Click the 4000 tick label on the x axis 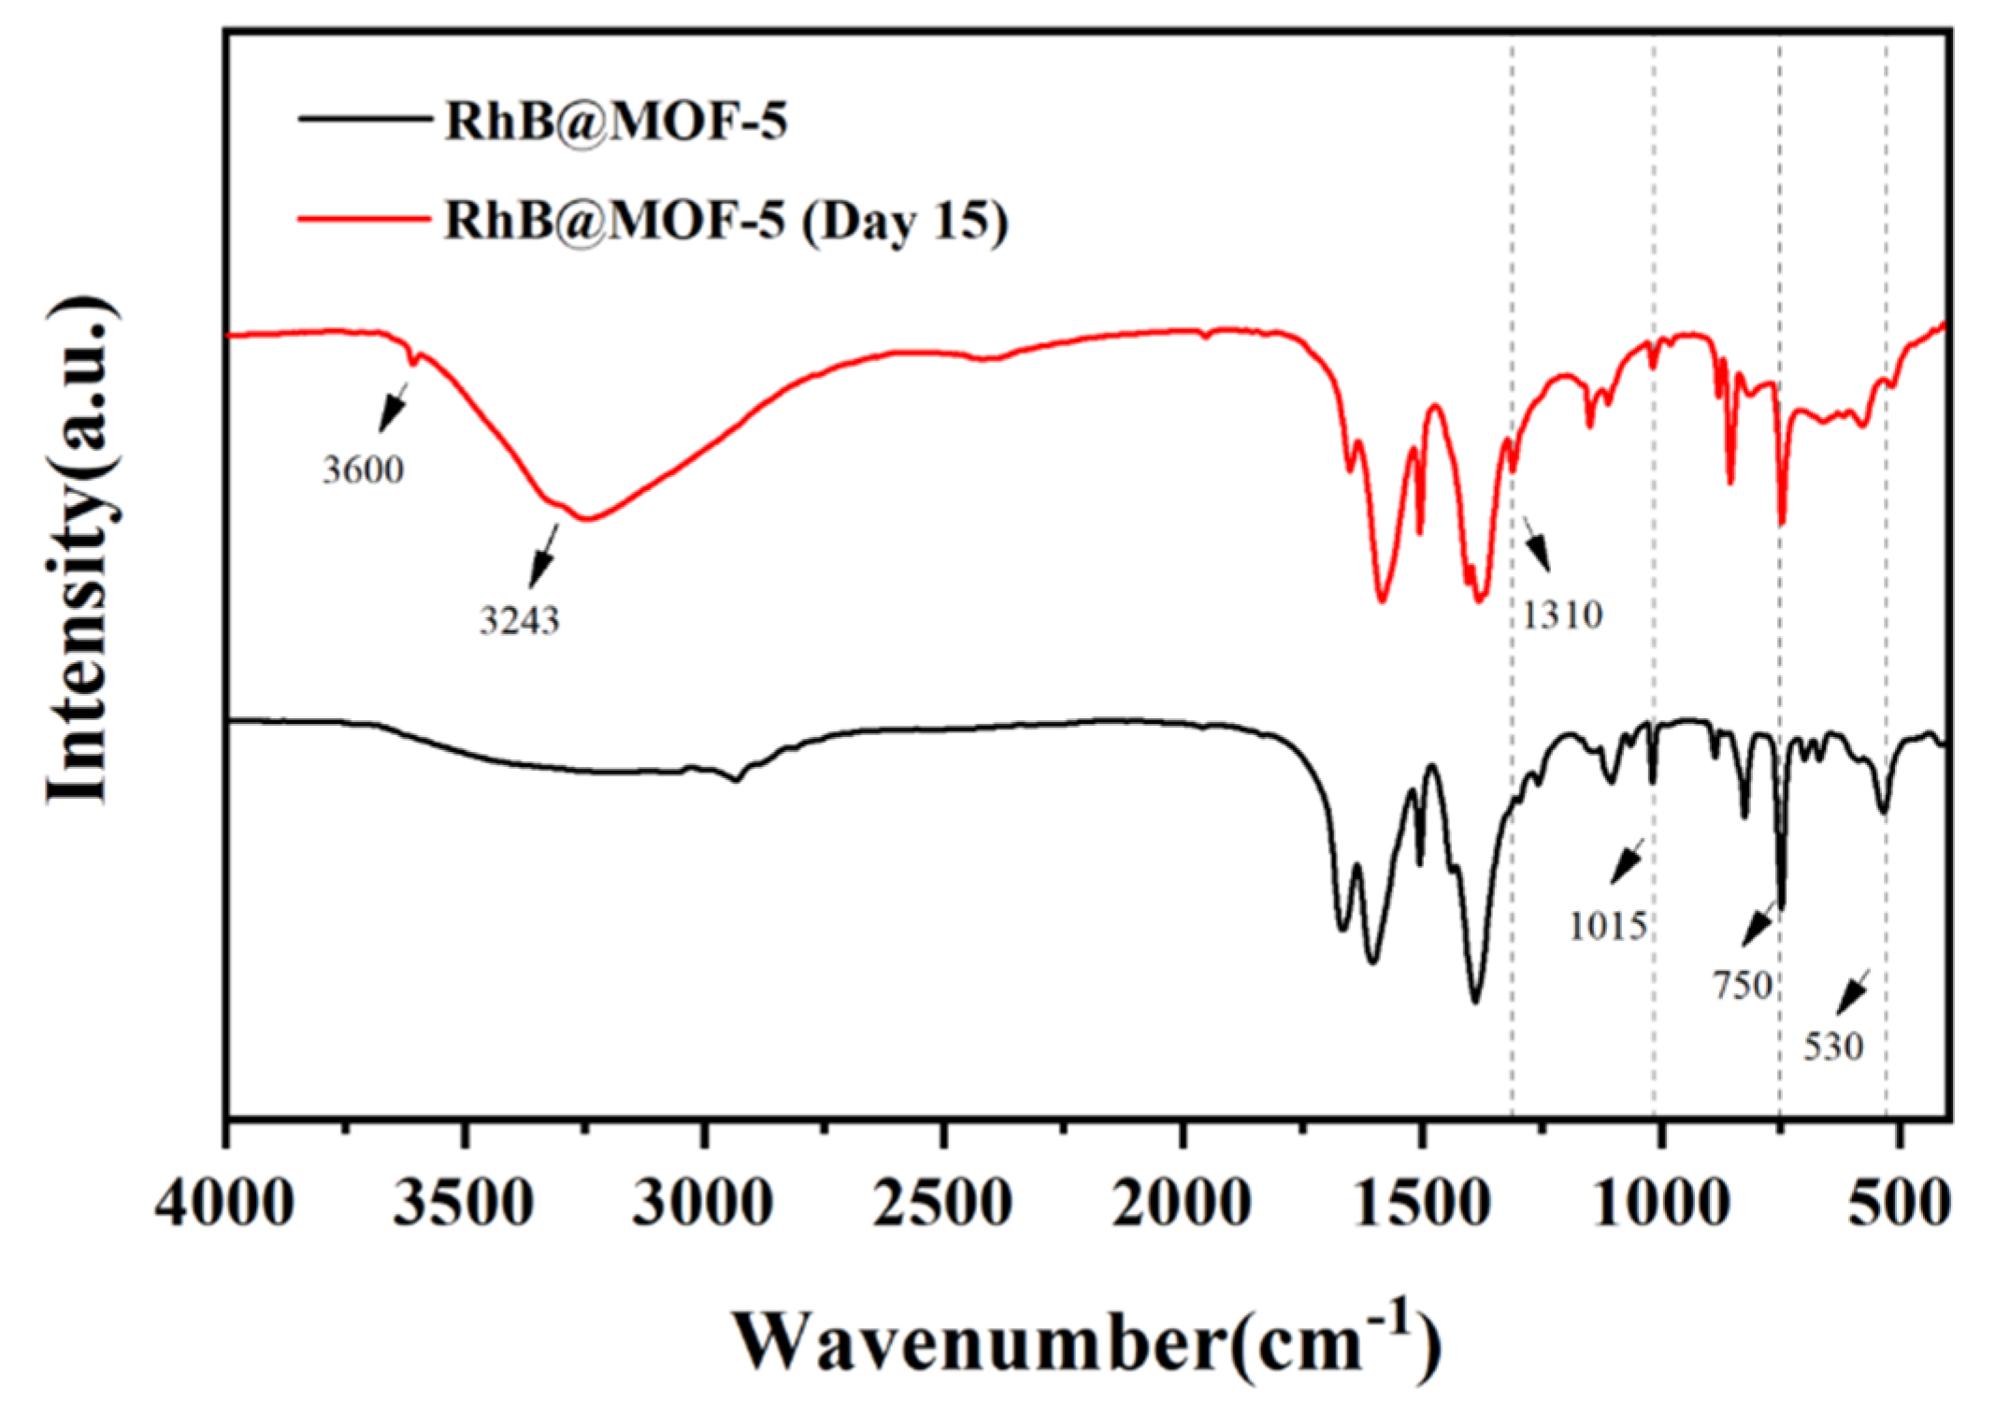point(225,1203)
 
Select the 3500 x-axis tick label point(464,1203)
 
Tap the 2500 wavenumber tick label point(942,1203)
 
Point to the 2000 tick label point(1182,1203)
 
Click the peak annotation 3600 point(364,470)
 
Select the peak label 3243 point(520,620)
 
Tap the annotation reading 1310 point(1562,615)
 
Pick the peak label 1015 point(1608,926)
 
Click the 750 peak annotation point(1744,985)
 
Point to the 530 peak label point(1833,1047)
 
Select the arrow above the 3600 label point(394,407)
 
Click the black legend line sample point(364,119)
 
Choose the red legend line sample point(364,219)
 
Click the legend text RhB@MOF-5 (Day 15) point(725,221)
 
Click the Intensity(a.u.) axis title point(82,552)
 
